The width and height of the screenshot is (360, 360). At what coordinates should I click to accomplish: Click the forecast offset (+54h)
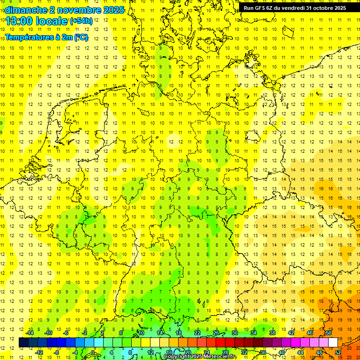pos(81,21)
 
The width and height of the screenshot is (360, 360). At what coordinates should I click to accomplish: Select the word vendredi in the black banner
pos(293,8)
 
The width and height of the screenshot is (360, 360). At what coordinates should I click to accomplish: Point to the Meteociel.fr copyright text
pos(201,357)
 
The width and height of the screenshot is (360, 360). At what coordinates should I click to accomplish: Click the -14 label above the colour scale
pos(30,333)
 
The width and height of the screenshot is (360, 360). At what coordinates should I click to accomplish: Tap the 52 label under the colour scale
pos(338,352)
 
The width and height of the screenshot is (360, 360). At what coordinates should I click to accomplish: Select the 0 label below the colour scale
pos(93,352)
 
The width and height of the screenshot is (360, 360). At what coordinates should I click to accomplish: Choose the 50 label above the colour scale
pos(329,333)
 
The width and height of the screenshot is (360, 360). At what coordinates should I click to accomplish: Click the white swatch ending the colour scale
pos(333,343)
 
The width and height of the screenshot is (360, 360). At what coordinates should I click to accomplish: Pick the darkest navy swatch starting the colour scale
pos(23,343)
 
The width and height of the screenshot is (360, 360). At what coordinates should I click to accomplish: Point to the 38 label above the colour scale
pos(272,333)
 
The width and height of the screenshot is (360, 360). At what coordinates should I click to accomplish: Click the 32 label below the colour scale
pos(244,352)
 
